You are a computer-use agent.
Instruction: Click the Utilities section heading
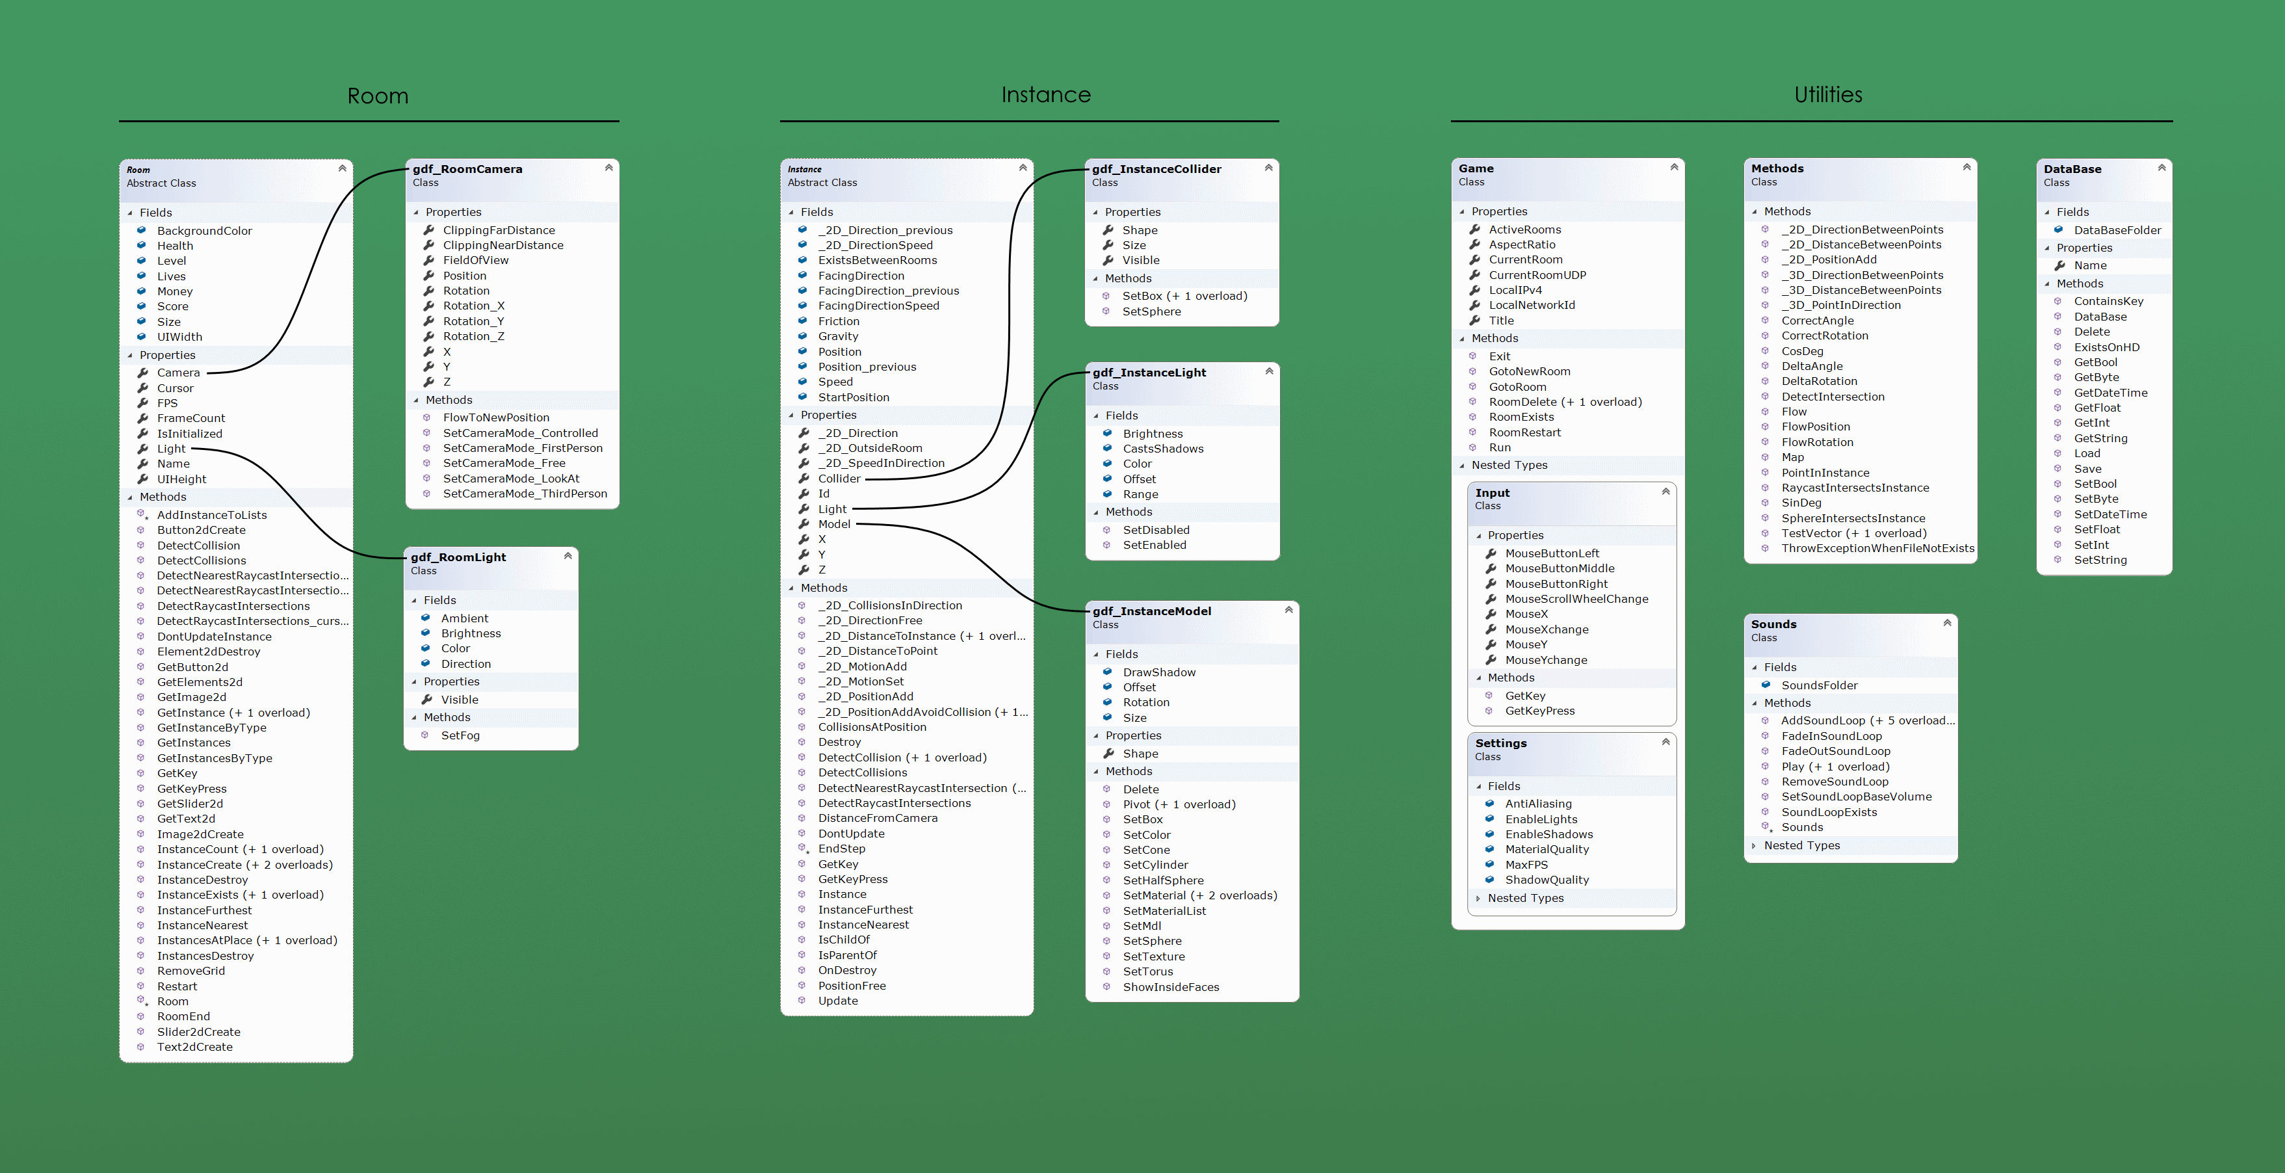point(1828,94)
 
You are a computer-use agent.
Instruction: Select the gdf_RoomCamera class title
point(467,168)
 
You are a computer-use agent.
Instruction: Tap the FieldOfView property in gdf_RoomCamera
point(475,260)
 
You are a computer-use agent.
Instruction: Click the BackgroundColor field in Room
point(204,231)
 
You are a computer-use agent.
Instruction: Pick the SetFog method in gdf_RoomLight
point(460,735)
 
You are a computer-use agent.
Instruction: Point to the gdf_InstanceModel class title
point(1151,611)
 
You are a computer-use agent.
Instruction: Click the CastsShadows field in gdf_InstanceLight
point(1163,449)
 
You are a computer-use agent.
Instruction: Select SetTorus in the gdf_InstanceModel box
point(1148,971)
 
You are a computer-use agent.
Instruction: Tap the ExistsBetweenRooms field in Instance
point(878,260)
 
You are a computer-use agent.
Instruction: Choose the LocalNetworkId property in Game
point(1532,305)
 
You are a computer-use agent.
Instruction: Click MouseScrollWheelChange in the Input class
point(1576,599)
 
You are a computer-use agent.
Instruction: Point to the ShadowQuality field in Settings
point(1547,880)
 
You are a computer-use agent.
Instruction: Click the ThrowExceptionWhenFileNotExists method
point(1878,548)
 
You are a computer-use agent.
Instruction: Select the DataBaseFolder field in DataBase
point(2117,230)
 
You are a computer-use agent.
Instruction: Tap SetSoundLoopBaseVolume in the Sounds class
point(1857,797)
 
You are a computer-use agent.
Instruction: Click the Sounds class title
point(1773,624)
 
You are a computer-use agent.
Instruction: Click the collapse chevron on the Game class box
point(1674,167)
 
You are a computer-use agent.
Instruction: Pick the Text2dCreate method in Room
point(194,1047)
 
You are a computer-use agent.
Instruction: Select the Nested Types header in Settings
point(1526,898)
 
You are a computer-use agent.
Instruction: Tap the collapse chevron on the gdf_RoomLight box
point(568,555)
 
